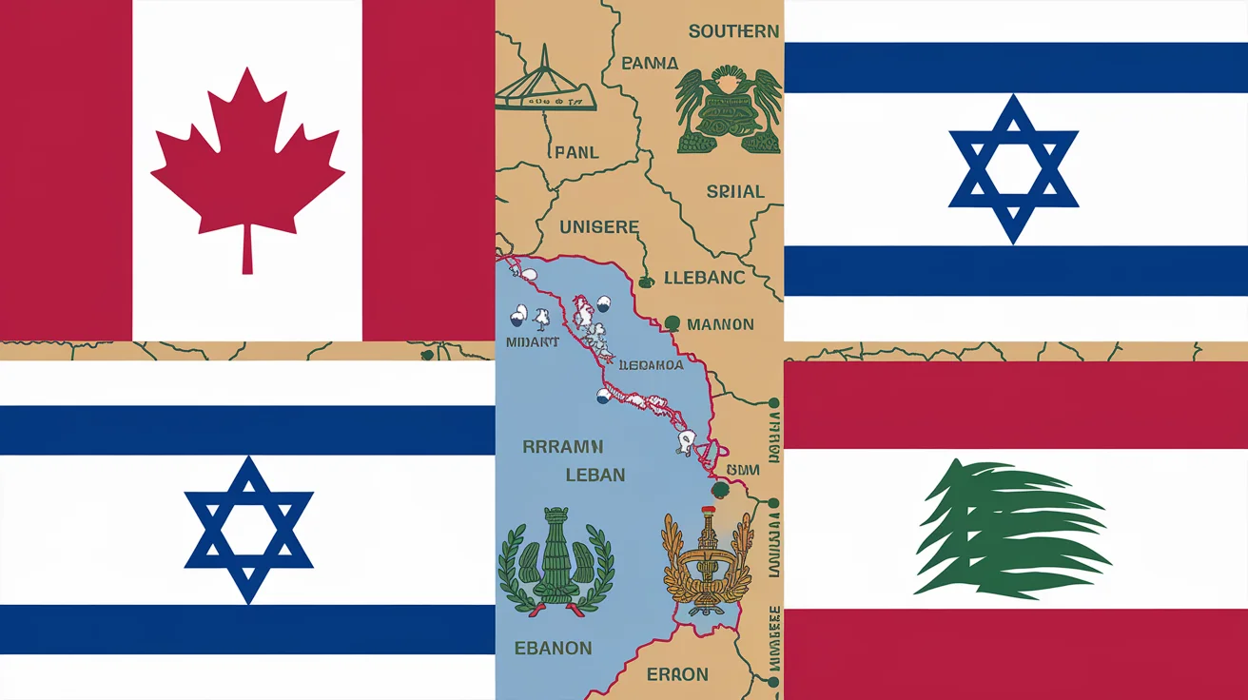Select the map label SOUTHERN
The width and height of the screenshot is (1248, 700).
733,31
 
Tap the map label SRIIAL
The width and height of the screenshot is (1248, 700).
735,191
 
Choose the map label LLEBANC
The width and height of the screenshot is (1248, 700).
704,278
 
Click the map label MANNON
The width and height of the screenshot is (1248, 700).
720,324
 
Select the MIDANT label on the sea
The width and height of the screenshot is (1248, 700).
532,341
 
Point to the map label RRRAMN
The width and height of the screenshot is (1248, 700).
563,447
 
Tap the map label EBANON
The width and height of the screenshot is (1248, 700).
555,649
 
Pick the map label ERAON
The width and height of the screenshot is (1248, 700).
677,674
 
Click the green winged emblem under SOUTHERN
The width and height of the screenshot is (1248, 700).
729,110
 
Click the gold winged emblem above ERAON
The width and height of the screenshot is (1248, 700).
706,564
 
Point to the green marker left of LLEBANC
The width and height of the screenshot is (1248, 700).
646,281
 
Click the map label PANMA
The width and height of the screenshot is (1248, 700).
649,64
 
